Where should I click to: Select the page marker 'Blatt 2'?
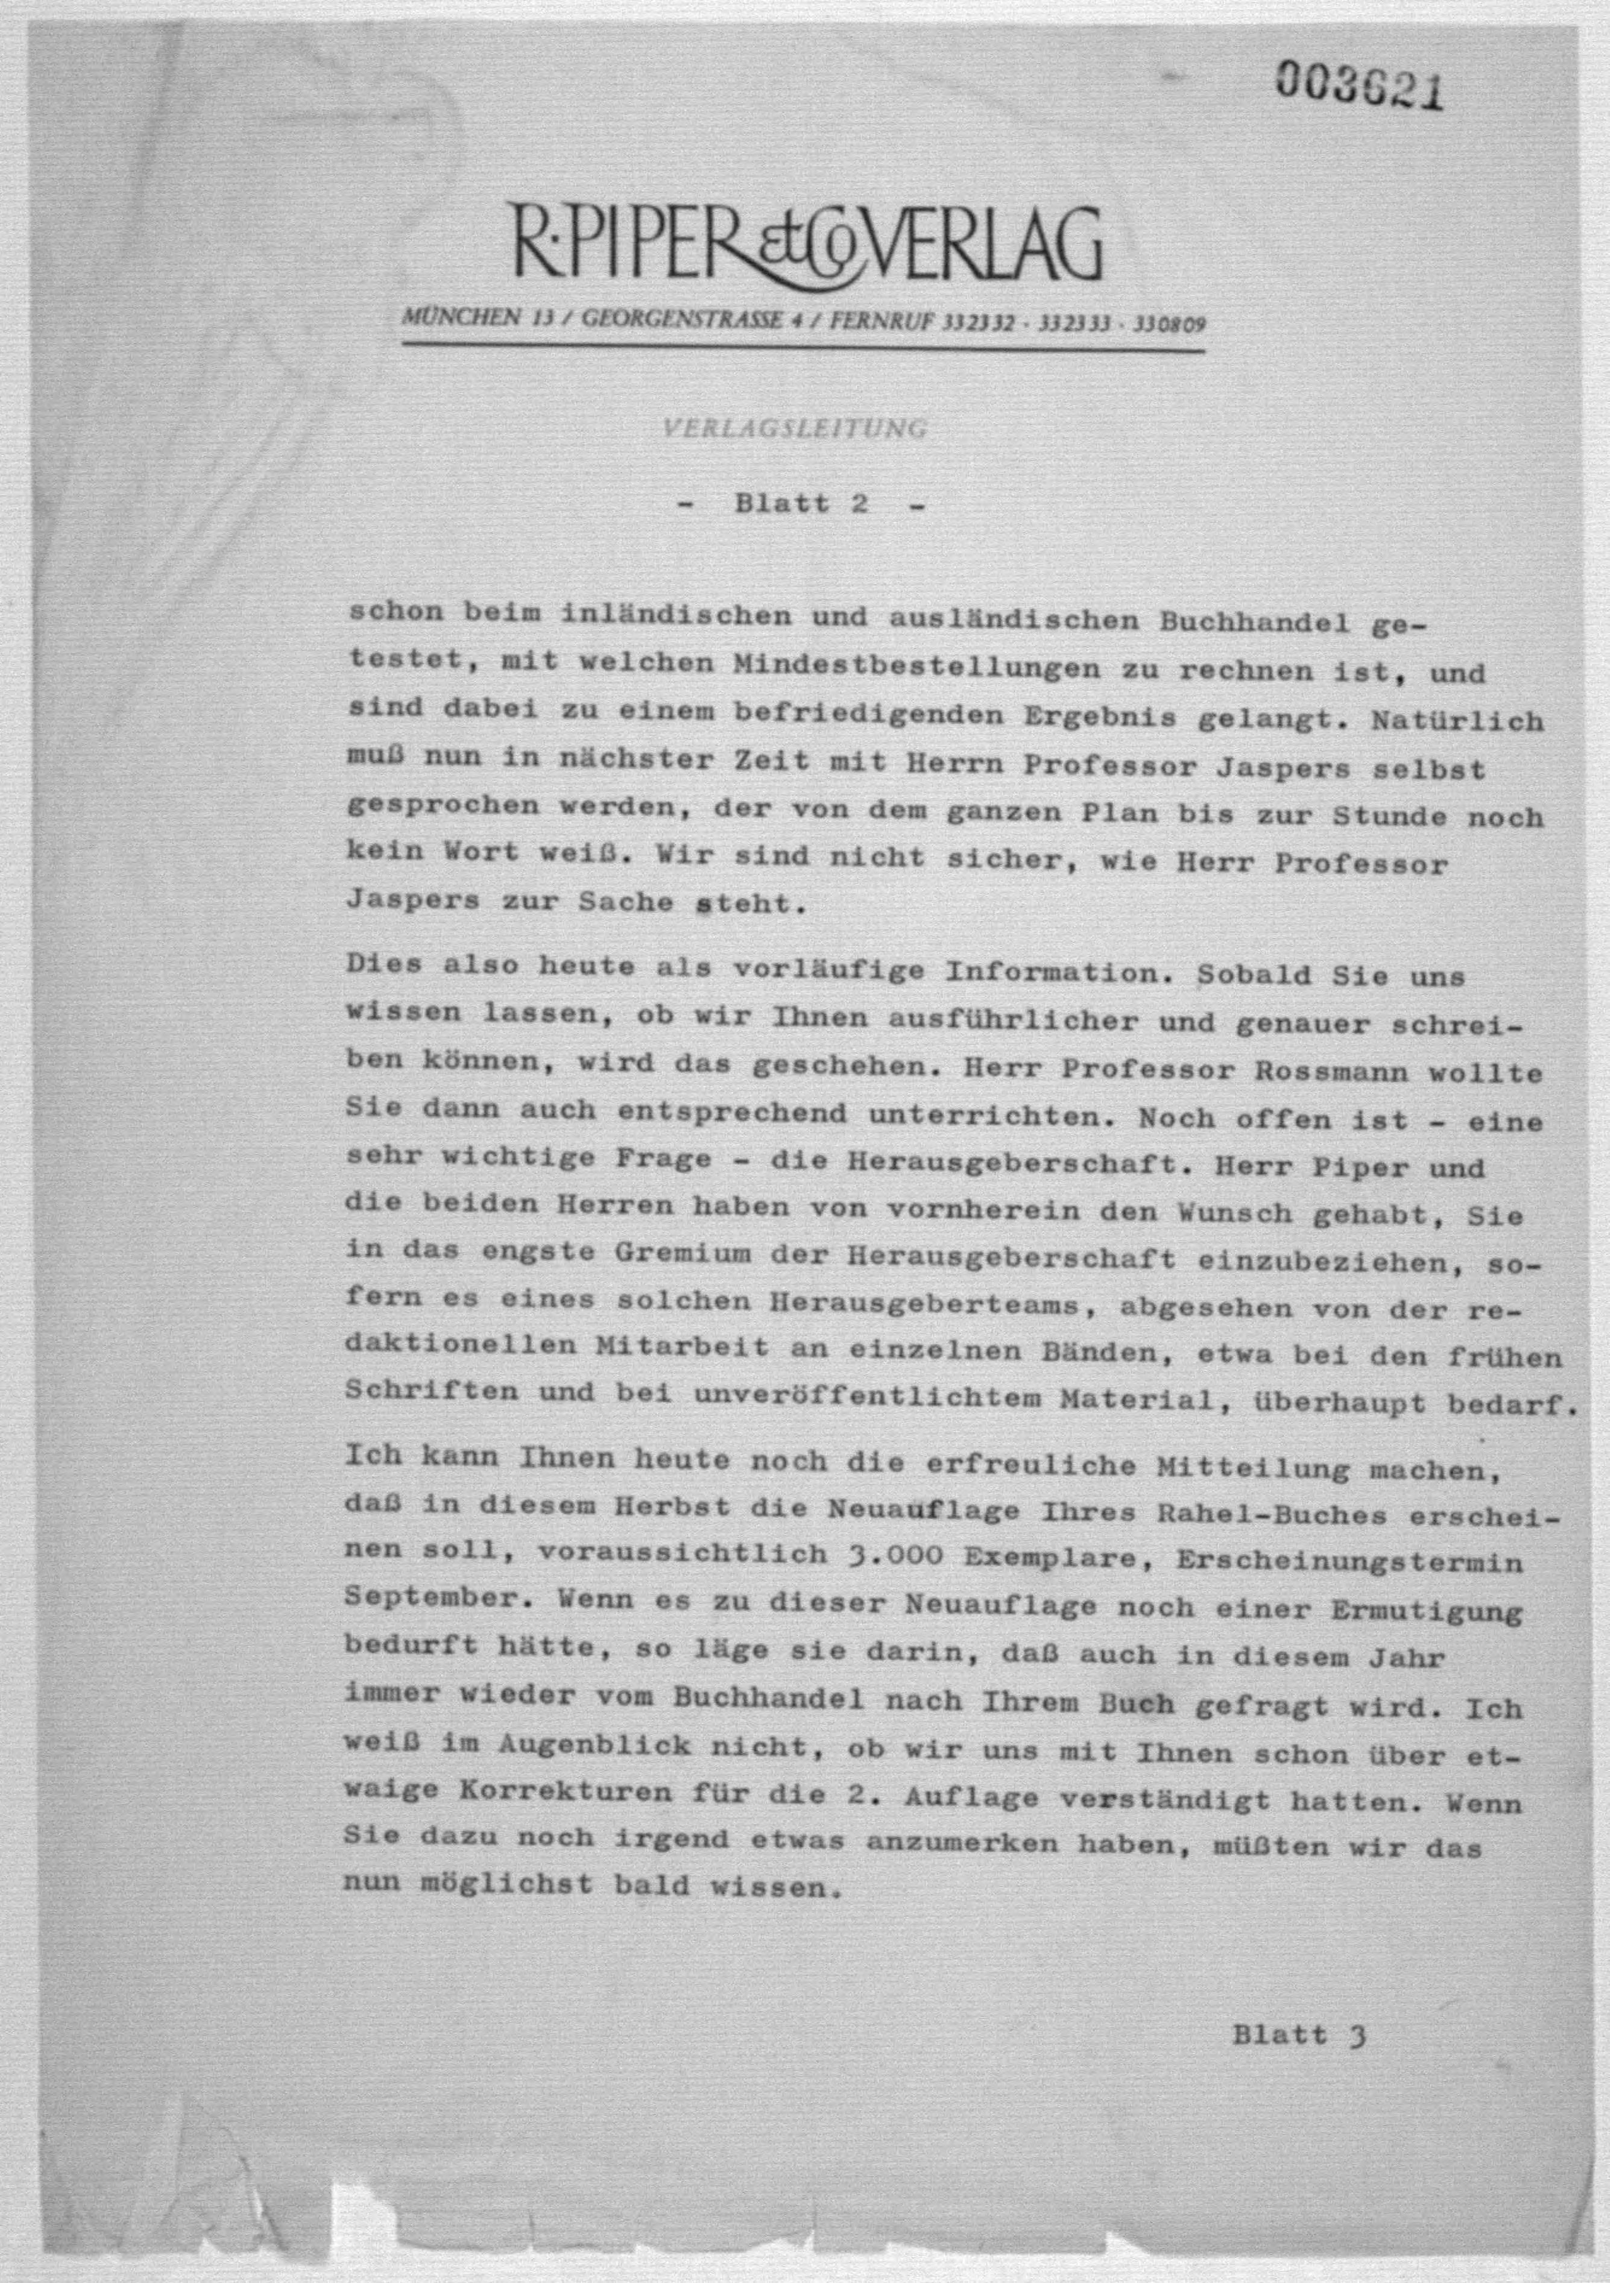pos(801,504)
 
